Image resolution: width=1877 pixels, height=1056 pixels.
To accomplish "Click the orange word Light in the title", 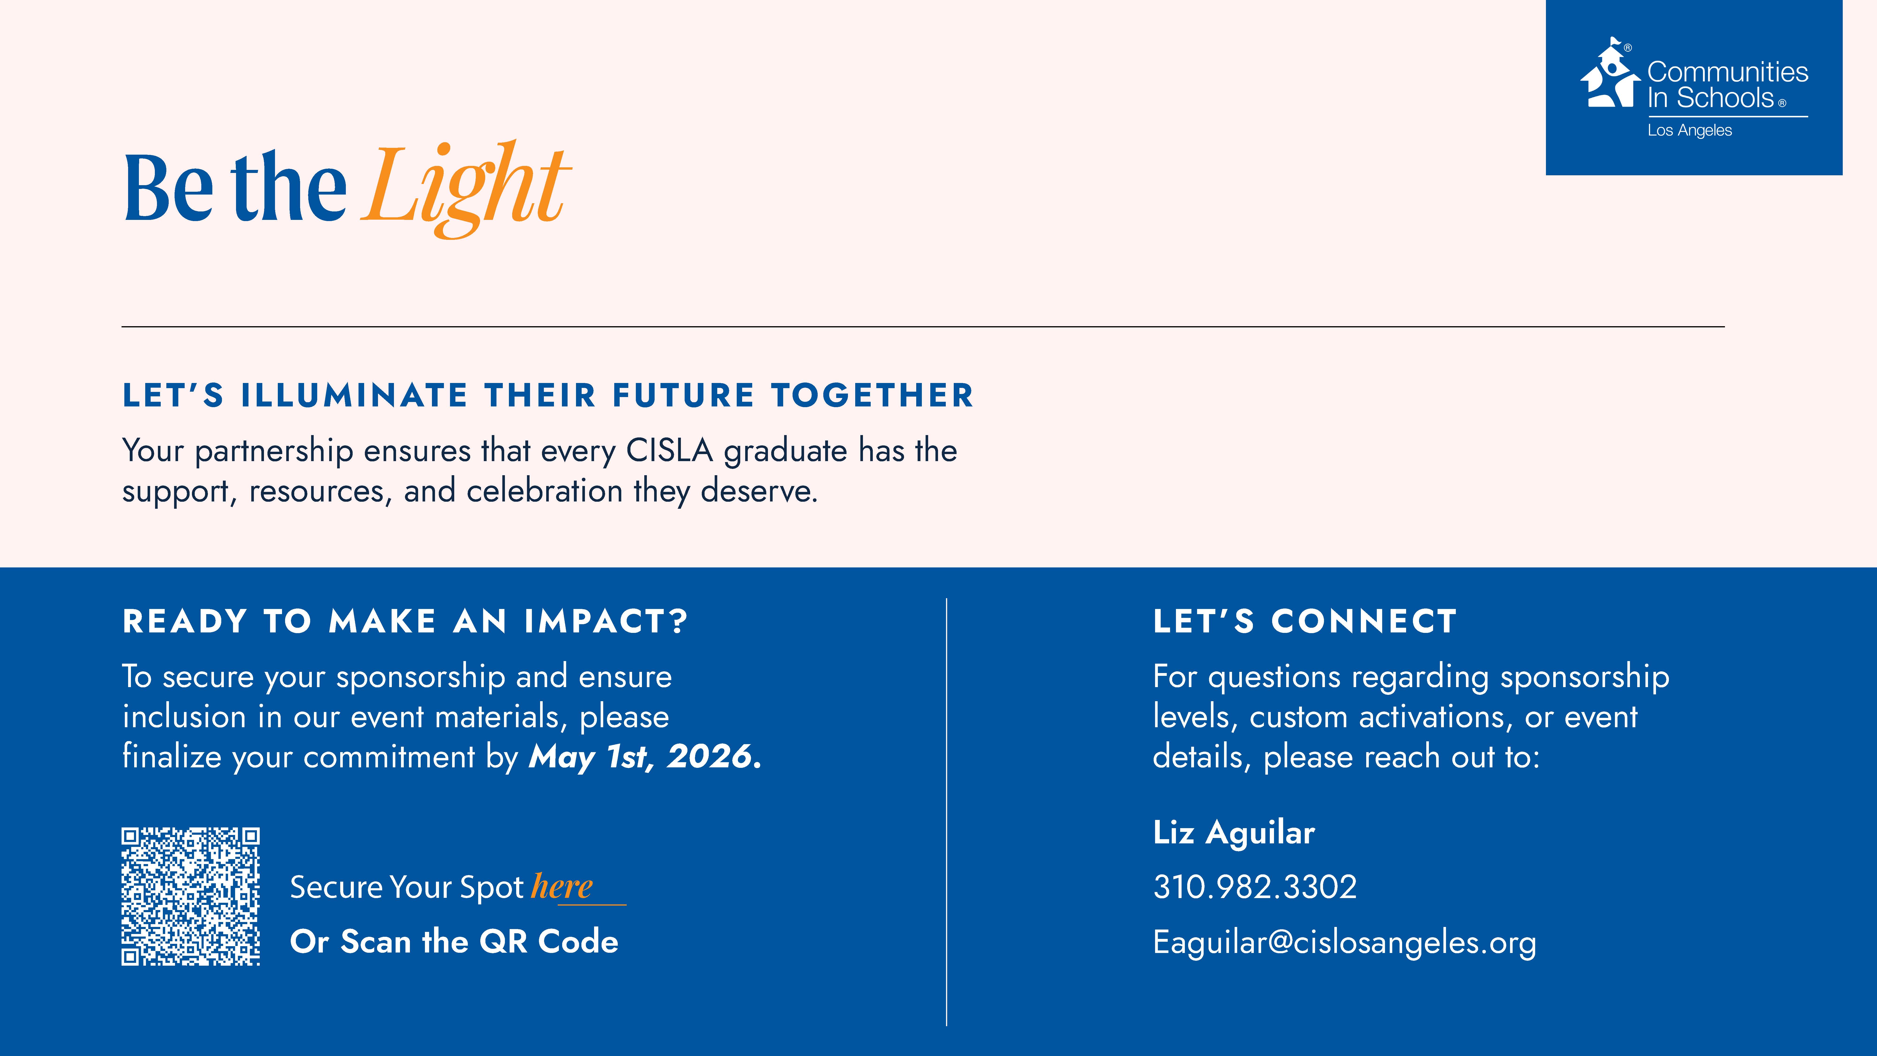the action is click(466, 188).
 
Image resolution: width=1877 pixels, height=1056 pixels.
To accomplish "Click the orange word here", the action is click(562, 886).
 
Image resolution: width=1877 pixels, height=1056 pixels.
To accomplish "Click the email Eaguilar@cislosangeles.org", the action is click(1344, 942).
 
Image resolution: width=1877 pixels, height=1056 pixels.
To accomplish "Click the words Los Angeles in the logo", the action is click(1690, 130).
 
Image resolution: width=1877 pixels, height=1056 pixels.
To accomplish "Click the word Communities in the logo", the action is click(1728, 72).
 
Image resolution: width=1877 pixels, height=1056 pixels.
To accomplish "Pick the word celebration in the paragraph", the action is click(544, 490).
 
